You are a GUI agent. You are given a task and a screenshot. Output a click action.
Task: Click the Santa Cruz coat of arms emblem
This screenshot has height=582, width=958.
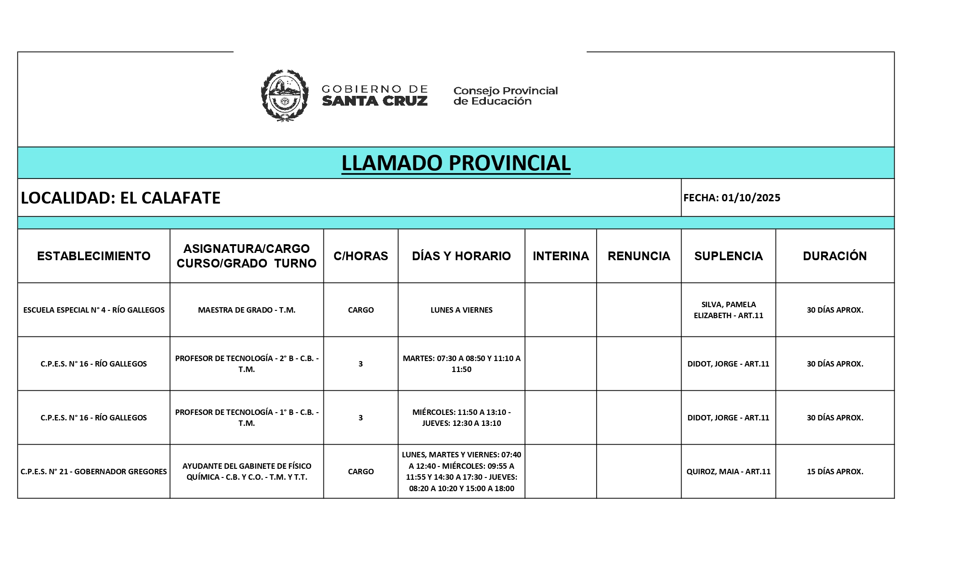[x=284, y=95]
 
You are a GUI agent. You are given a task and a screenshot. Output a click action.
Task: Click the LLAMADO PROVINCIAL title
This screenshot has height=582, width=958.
[x=456, y=163]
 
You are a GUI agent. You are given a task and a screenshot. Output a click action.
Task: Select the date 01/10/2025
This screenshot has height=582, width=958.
[x=751, y=198]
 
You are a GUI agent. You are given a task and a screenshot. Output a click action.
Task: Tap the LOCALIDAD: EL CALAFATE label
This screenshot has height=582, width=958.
[x=121, y=198]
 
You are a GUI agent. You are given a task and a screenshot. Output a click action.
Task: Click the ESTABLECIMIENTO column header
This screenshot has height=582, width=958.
[x=94, y=256]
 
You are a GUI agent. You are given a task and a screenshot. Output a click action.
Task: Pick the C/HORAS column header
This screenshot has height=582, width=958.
[x=360, y=256]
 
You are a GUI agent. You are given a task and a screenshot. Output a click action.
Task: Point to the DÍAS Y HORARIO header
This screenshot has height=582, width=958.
[x=461, y=256]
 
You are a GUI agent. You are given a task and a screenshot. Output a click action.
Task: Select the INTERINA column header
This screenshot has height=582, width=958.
[x=561, y=256]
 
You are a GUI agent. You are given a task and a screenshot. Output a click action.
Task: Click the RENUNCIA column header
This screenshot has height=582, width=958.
[x=639, y=256]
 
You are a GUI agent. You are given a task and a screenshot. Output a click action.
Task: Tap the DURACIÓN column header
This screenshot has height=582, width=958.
[x=835, y=256]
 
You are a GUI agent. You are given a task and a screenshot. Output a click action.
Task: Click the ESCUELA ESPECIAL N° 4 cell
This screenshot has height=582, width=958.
[x=94, y=310]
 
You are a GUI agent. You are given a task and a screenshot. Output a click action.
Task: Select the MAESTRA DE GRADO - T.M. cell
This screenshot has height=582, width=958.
[x=246, y=310]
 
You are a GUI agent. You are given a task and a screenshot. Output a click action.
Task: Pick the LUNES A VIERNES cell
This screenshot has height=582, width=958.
[x=461, y=310]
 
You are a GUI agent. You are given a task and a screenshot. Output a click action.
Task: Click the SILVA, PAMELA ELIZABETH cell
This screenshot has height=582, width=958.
[x=728, y=310]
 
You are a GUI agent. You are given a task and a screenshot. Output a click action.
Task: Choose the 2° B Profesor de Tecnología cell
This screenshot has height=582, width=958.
[x=246, y=364]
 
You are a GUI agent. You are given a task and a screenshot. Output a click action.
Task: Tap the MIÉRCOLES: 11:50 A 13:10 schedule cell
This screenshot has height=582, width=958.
[x=461, y=418]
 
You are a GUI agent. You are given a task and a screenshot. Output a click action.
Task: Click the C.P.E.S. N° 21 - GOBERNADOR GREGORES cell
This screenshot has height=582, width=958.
[x=94, y=472]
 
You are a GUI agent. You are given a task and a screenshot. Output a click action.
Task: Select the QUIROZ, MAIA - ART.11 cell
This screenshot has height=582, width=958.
[x=728, y=472]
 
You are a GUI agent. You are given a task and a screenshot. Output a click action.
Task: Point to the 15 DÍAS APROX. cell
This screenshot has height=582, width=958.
[x=835, y=472]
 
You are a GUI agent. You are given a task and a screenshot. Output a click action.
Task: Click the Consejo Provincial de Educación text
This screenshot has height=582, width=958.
[x=505, y=96]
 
